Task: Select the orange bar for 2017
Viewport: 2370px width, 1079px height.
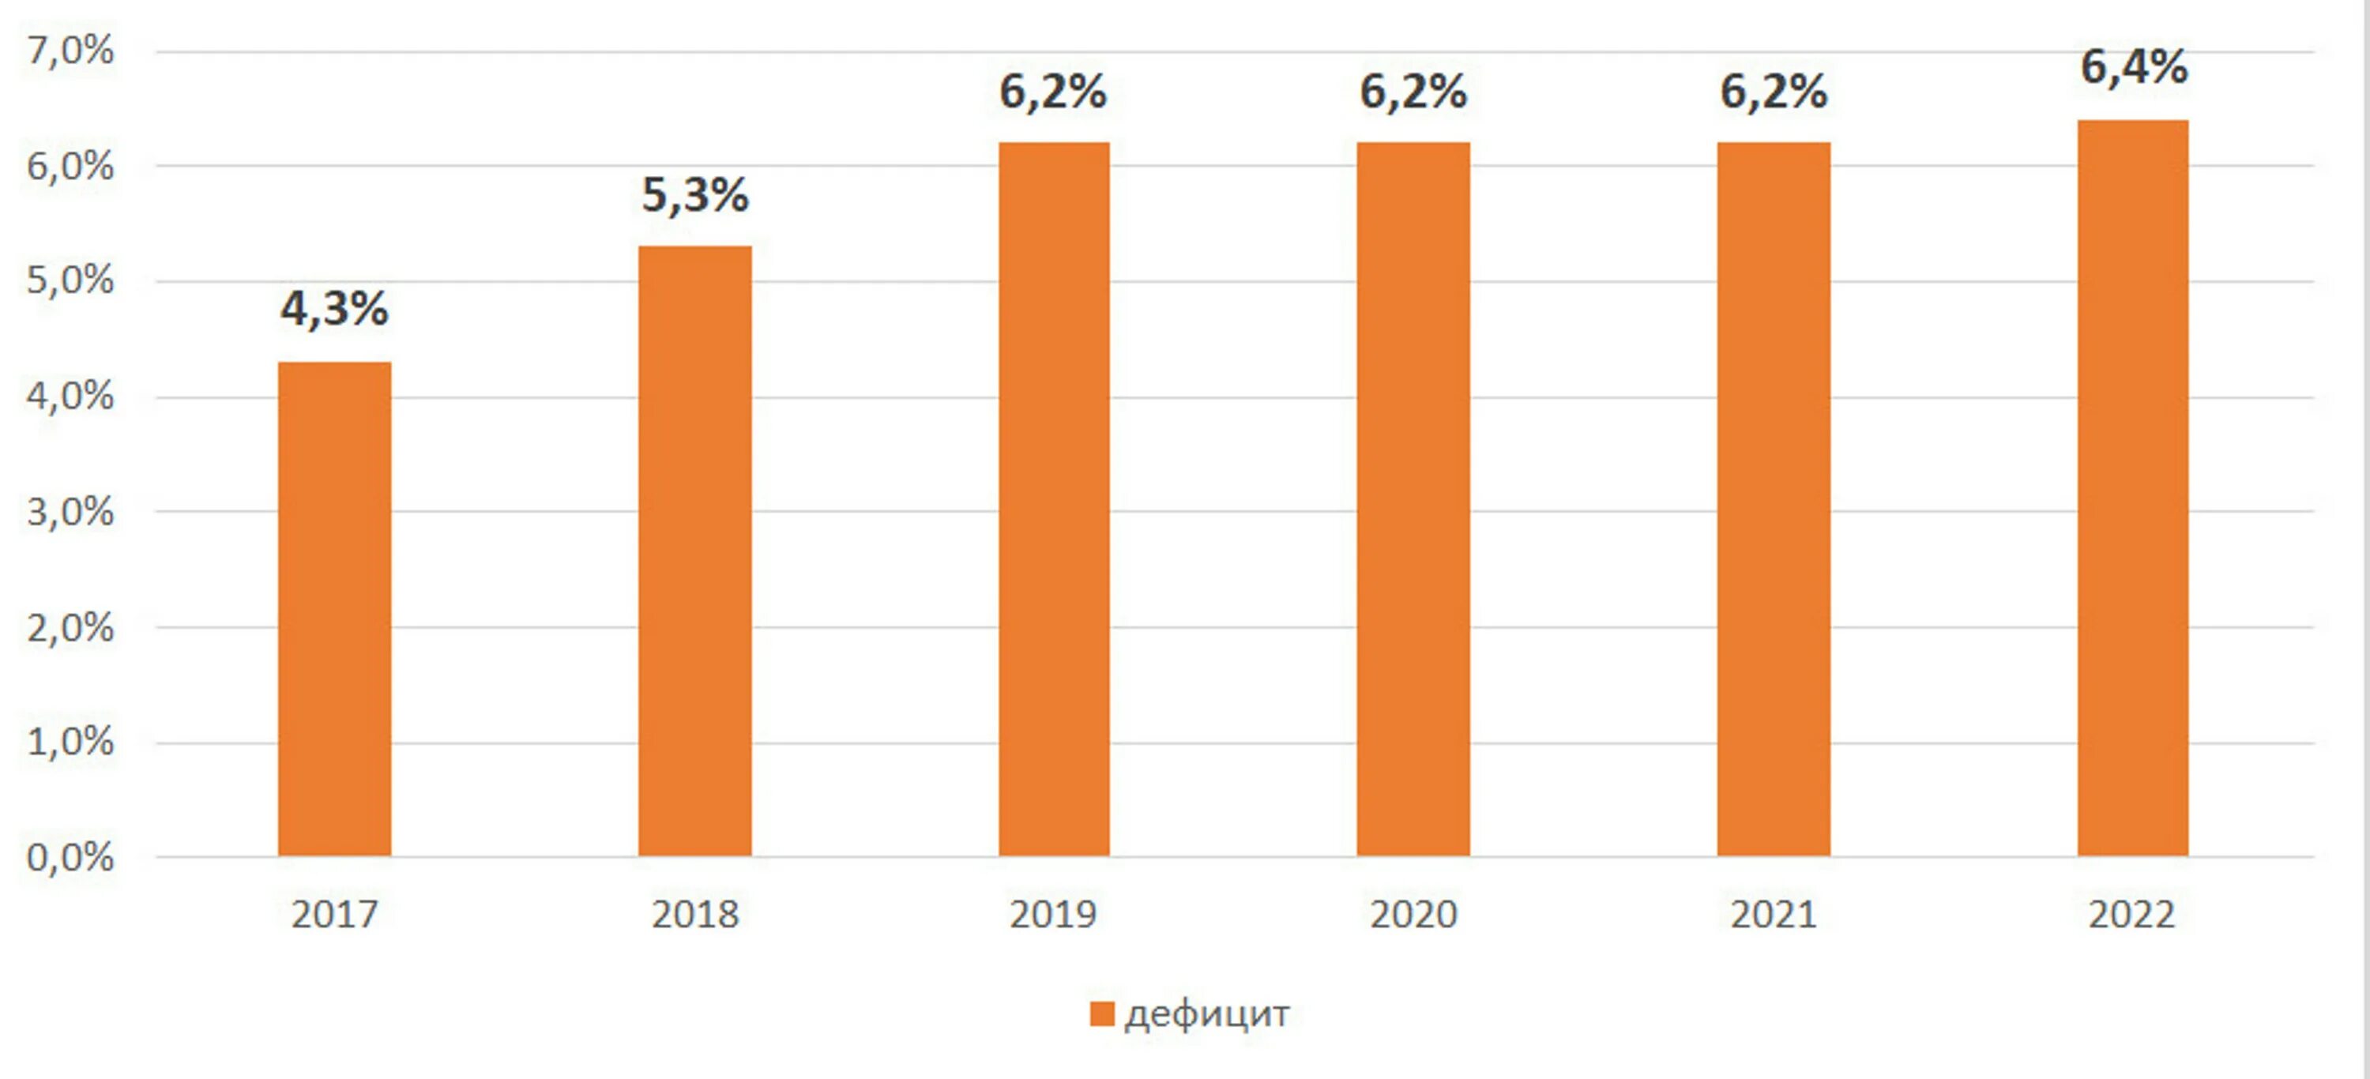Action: coord(335,609)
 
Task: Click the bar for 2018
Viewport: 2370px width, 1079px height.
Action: coord(695,551)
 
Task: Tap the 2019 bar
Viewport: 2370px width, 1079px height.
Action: coord(1055,498)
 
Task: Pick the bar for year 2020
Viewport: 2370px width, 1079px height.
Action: coord(1413,498)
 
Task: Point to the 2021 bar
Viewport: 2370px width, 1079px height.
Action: coord(1774,498)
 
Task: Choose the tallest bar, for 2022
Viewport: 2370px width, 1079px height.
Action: coord(2133,487)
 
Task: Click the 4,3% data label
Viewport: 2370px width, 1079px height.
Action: coord(335,309)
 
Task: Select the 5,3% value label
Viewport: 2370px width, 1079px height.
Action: coord(695,195)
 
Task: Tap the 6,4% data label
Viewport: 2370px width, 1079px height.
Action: coord(2135,68)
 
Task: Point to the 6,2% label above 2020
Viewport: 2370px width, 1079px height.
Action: coord(1413,92)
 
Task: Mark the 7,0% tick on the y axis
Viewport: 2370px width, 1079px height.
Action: coord(70,51)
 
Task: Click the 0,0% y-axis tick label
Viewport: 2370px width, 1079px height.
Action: coord(70,857)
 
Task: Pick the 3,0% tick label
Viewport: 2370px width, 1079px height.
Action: coord(70,513)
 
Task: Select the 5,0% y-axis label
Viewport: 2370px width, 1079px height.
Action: coord(70,280)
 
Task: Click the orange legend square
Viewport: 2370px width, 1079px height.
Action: coord(1102,1013)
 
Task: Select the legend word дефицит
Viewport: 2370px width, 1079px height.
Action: coord(1207,1013)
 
